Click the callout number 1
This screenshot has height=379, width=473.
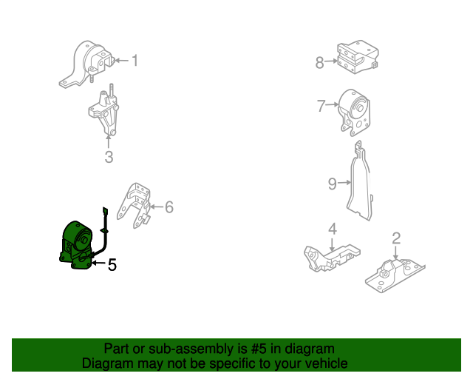(x=135, y=61)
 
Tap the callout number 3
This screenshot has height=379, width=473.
(x=109, y=157)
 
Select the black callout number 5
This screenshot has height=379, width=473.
(x=112, y=265)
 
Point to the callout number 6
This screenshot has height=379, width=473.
(x=169, y=207)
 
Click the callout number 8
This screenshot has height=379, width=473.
(x=320, y=63)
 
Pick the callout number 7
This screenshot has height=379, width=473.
(x=321, y=106)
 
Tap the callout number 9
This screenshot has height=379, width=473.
(x=333, y=184)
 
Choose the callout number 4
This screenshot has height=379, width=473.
(x=332, y=229)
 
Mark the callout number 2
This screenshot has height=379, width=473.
(x=396, y=238)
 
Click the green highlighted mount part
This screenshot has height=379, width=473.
(x=77, y=245)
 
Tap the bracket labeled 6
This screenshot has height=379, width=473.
(x=135, y=206)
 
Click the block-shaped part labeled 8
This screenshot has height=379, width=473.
(x=358, y=57)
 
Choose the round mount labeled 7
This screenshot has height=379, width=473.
(x=355, y=113)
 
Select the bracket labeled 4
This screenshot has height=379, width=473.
(x=330, y=257)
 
